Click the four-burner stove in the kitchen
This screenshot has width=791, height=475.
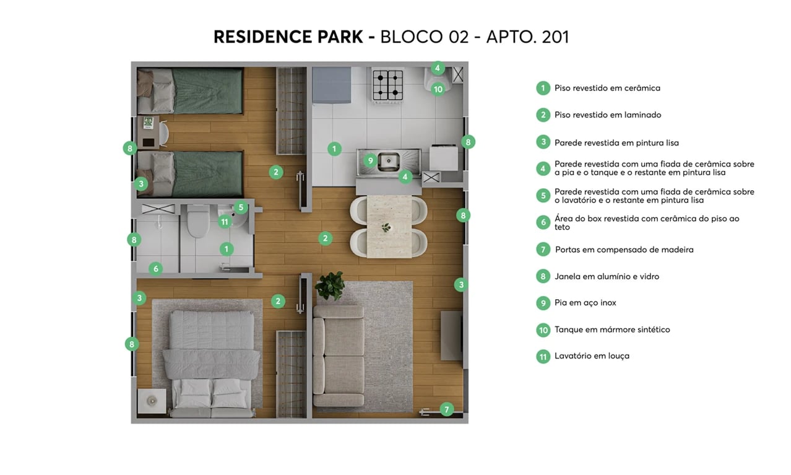387,85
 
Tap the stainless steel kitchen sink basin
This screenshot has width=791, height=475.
389,161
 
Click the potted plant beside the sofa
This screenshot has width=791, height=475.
329,286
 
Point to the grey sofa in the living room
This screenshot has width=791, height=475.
338,355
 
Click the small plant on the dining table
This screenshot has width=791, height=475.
387,227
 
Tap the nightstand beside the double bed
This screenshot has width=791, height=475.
152,401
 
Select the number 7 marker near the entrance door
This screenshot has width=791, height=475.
447,409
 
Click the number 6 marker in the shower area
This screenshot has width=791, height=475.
156,269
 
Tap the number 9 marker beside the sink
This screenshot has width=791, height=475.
370,161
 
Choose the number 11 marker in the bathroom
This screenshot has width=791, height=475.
225,222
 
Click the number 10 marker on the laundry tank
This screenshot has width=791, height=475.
438,89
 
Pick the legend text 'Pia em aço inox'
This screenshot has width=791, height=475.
585,303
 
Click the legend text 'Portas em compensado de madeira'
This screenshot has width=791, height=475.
624,250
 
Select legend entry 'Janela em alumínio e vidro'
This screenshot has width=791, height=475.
607,276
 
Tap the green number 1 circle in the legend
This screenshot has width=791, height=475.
543,88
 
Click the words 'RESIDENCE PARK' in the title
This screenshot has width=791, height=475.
288,37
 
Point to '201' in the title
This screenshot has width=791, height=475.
555,37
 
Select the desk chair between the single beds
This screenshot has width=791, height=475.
164,133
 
